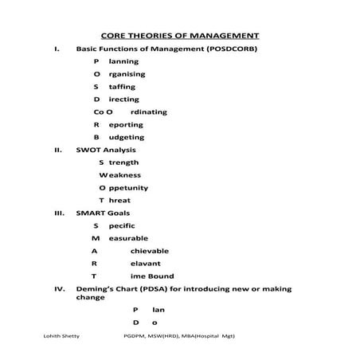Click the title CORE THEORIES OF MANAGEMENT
[180, 36]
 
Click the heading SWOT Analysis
[106, 150]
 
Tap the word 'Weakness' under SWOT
[120, 174]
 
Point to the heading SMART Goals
[104, 213]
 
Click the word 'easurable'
[127, 238]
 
